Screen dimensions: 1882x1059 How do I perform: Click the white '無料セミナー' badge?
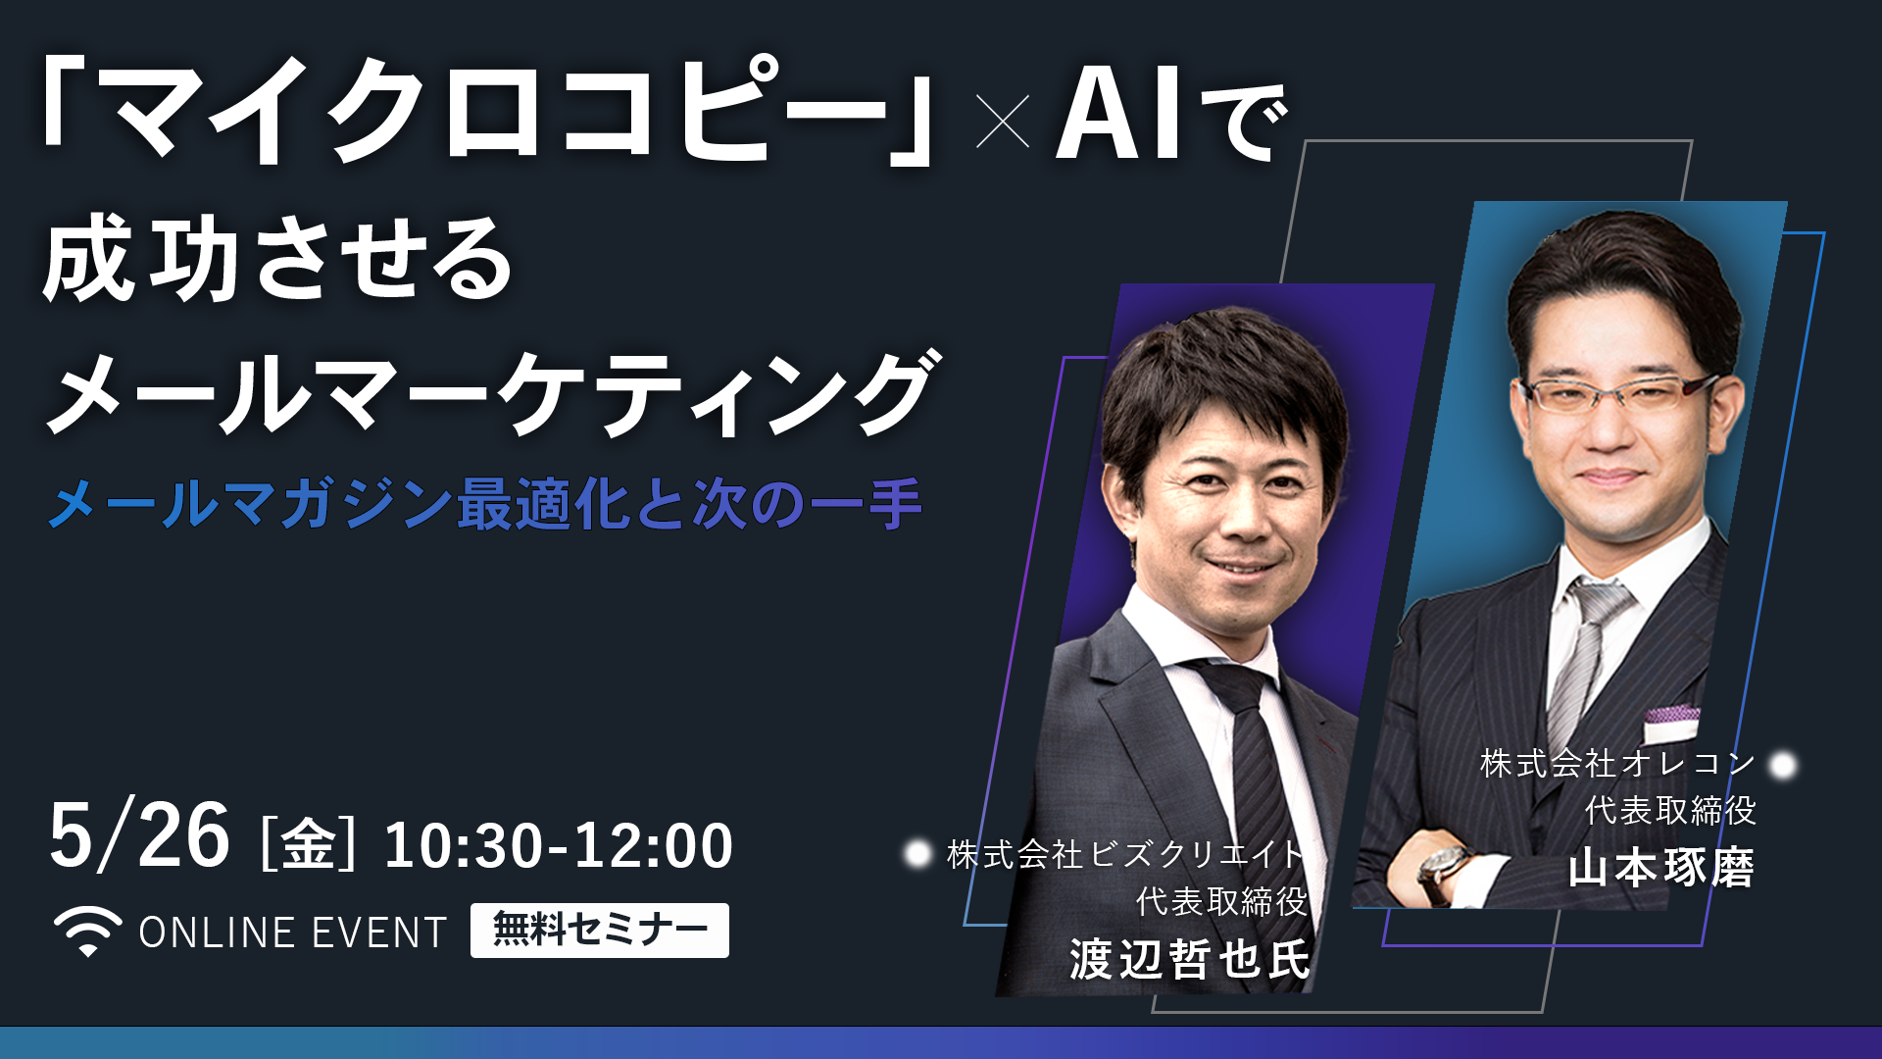600,930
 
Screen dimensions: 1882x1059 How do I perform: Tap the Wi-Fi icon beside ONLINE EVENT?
88,932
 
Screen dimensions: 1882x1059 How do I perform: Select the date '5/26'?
139,836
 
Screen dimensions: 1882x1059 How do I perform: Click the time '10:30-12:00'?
558,845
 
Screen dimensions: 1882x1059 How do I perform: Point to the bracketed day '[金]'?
308,844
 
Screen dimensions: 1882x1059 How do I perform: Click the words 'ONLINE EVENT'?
293,933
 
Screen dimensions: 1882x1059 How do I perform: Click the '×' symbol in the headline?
1004,121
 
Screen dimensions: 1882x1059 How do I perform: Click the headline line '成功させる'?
277,259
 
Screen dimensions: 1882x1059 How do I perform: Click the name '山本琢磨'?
1661,869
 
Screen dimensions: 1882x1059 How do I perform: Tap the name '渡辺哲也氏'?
1189,958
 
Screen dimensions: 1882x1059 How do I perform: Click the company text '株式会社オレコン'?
1617,763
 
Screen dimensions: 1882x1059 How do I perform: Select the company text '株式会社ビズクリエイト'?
1125,854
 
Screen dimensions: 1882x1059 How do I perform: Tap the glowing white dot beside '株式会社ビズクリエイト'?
917,854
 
